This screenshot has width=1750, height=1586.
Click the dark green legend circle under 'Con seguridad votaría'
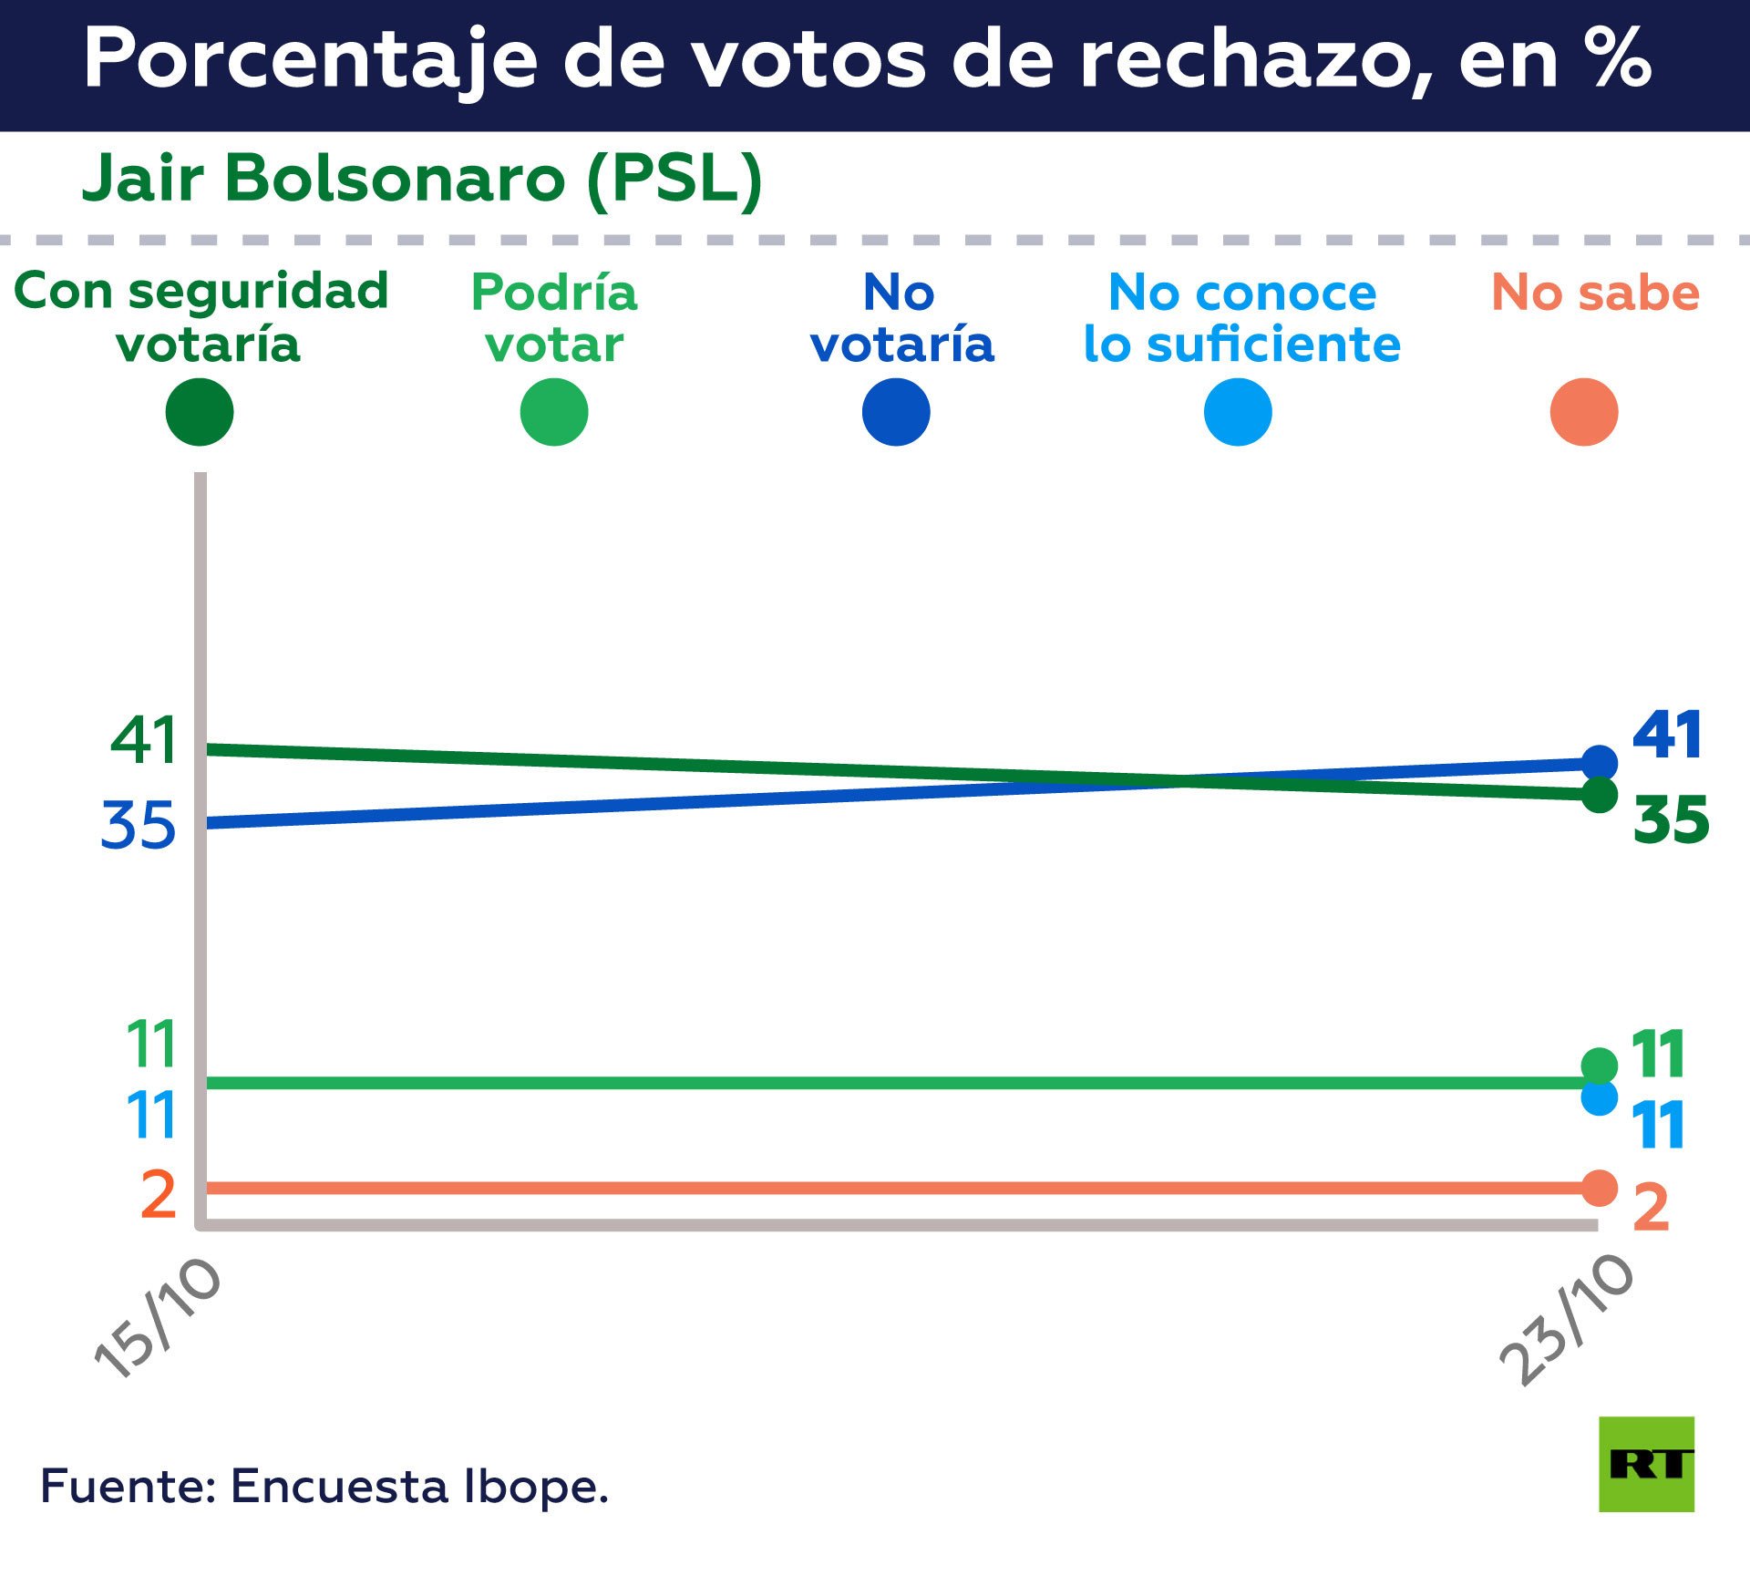pos(200,412)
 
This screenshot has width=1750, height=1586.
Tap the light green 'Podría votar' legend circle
pos(554,412)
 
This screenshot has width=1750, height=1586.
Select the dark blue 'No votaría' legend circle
pos(896,412)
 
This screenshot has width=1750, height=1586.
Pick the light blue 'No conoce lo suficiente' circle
pos(1238,412)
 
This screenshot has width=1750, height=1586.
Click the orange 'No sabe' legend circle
pos(1584,412)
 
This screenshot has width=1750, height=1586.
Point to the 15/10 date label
pos(158,1319)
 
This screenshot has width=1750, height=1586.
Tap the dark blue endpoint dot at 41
pos(1600,762)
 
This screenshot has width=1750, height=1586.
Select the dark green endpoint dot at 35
pos(1600,795)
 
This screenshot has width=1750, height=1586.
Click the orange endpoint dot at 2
pos(1600,1188)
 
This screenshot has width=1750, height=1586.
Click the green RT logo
pos(1646,1464)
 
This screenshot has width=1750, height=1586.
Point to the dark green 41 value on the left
pos(143,740)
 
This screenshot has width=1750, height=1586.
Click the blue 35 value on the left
pos(138,826)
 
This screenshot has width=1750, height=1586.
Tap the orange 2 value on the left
pos(159,1194)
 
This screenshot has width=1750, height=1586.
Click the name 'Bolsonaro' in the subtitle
pos(395,178)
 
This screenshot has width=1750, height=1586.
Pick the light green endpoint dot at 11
pos(1600,1065)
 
